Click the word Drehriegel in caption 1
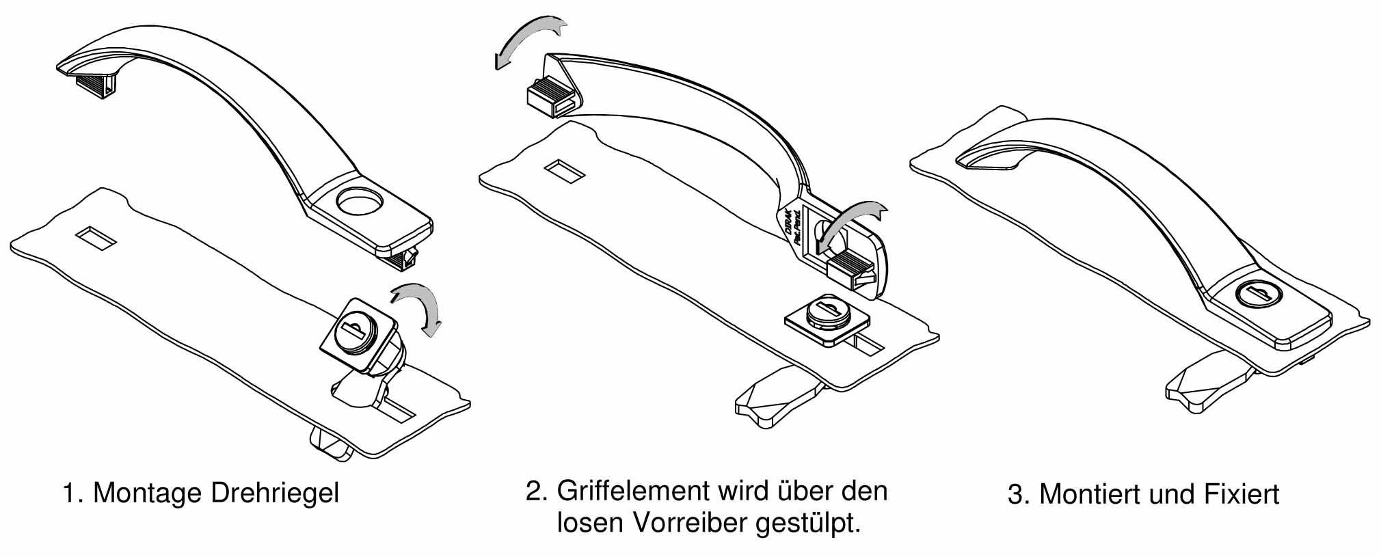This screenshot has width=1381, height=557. tap(275, 493)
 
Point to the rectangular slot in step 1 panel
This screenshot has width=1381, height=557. tap(96, 238)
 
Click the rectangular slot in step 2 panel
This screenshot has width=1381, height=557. tap(565, 172)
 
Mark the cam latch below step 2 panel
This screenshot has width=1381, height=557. tap(779, 395)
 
